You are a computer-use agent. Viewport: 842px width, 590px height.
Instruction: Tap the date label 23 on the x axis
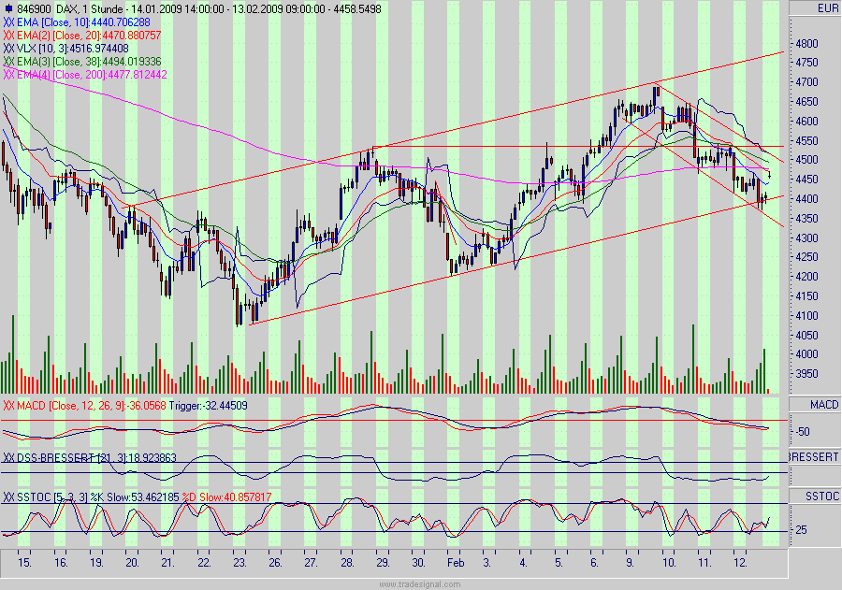(240, 565)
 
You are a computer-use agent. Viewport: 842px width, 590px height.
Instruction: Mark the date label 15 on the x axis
(24, 565)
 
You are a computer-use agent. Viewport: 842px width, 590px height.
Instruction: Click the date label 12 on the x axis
(740, 565)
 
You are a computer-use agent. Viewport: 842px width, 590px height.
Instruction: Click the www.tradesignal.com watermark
(420, 584)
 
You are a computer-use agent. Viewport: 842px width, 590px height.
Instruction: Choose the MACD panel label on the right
(814, 404)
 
